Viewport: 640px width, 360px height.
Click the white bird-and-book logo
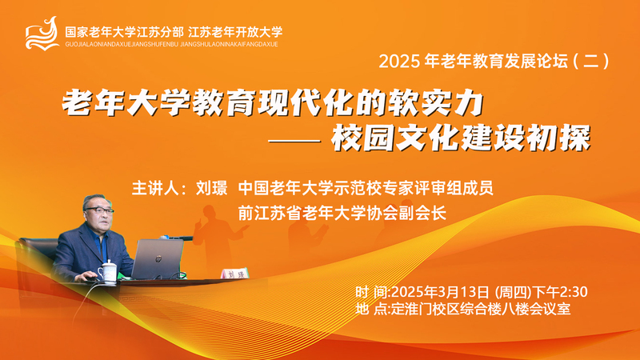(42, 34)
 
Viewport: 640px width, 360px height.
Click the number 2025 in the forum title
(399, 62)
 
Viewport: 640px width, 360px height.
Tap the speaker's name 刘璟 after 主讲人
(211, 188)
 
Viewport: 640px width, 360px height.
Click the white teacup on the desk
(107, 271)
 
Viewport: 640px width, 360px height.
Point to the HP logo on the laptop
(158, 258)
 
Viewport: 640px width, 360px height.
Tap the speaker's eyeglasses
(99, 210)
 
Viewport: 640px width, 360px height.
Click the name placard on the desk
(234, 274)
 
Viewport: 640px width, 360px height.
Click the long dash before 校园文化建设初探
(294, 141)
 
